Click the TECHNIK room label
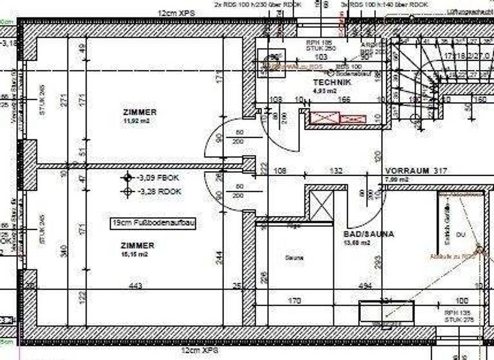332,83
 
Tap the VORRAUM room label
408,171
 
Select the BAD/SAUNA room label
368,234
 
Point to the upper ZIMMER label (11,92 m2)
140,112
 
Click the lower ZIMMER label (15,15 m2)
137,245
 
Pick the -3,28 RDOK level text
160,191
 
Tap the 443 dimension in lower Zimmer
136,285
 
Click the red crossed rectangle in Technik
324,118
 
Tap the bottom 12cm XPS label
199,350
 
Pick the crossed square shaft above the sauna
320,205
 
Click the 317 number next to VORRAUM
440,171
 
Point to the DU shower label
459,235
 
